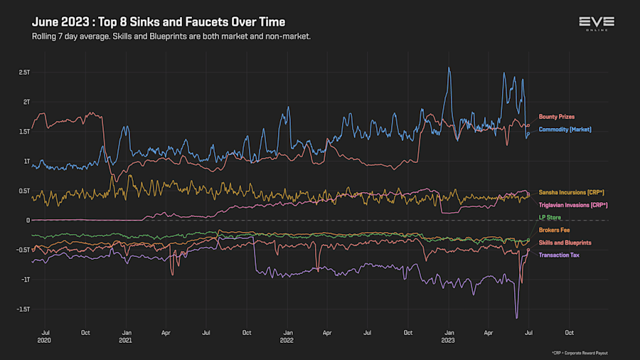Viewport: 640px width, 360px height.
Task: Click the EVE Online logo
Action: coord(596,24)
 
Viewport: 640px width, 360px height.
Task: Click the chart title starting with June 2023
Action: coord(159,23)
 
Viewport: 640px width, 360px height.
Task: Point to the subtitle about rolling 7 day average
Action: coord(171,36)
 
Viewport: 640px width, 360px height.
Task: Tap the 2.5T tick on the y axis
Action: coord(25,72)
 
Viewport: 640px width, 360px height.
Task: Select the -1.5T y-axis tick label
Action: coord(23,309)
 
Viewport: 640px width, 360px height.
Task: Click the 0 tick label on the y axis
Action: coord(28,221)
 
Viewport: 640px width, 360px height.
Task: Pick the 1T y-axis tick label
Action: coord(26,161)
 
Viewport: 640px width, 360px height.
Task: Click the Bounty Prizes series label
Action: coord(556,117)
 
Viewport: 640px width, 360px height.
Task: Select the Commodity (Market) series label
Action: coord(565,129)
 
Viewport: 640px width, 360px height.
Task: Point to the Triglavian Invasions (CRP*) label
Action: coord(573,205)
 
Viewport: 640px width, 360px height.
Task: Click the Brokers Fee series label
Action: coord(554,230)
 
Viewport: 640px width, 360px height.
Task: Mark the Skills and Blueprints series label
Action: coord(565,243)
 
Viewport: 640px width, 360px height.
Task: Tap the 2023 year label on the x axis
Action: coord(449,341)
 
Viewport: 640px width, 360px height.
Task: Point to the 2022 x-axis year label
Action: coord(287,341)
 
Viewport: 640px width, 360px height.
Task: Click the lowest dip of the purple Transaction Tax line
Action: coord(517,317)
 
